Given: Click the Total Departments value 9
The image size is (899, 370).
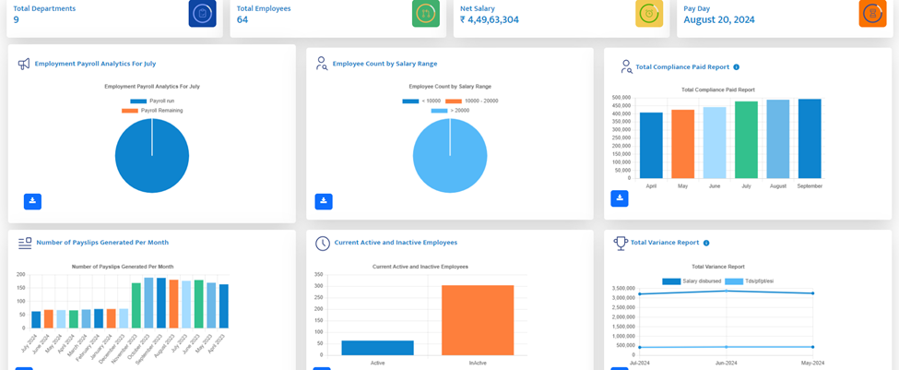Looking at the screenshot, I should [17, 19].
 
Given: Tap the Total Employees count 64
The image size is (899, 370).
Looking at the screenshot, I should [242, 19].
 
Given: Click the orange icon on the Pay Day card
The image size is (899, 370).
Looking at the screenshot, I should [872, 14].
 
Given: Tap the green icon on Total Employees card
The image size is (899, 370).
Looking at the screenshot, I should [425, 14].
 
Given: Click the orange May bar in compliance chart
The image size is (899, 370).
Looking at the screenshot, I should [683, 144].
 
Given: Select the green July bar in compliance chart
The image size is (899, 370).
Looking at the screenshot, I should [746, 139].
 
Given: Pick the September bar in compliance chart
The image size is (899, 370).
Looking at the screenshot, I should [810, 138].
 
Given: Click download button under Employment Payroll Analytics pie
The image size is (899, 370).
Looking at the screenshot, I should [32, 201].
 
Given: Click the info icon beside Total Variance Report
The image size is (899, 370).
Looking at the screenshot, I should [706, 243].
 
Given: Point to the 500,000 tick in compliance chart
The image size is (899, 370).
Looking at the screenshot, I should [621, 97].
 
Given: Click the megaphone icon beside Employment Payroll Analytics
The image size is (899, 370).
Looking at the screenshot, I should [24, 64].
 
